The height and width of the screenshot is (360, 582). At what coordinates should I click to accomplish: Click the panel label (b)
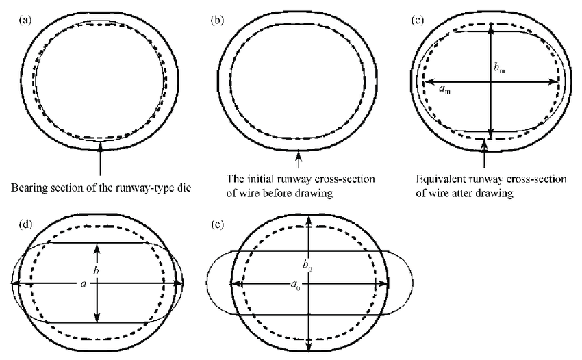point(218,18)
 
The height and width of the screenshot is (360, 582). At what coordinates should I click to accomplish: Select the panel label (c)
point(417,18)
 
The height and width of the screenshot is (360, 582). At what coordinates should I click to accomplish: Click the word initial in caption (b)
point(257,179)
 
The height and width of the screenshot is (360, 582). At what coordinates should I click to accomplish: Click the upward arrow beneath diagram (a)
point(101,158)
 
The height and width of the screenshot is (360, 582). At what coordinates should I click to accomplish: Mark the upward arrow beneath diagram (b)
point(298,158)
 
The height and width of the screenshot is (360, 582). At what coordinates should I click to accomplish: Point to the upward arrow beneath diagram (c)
point(485,154)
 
